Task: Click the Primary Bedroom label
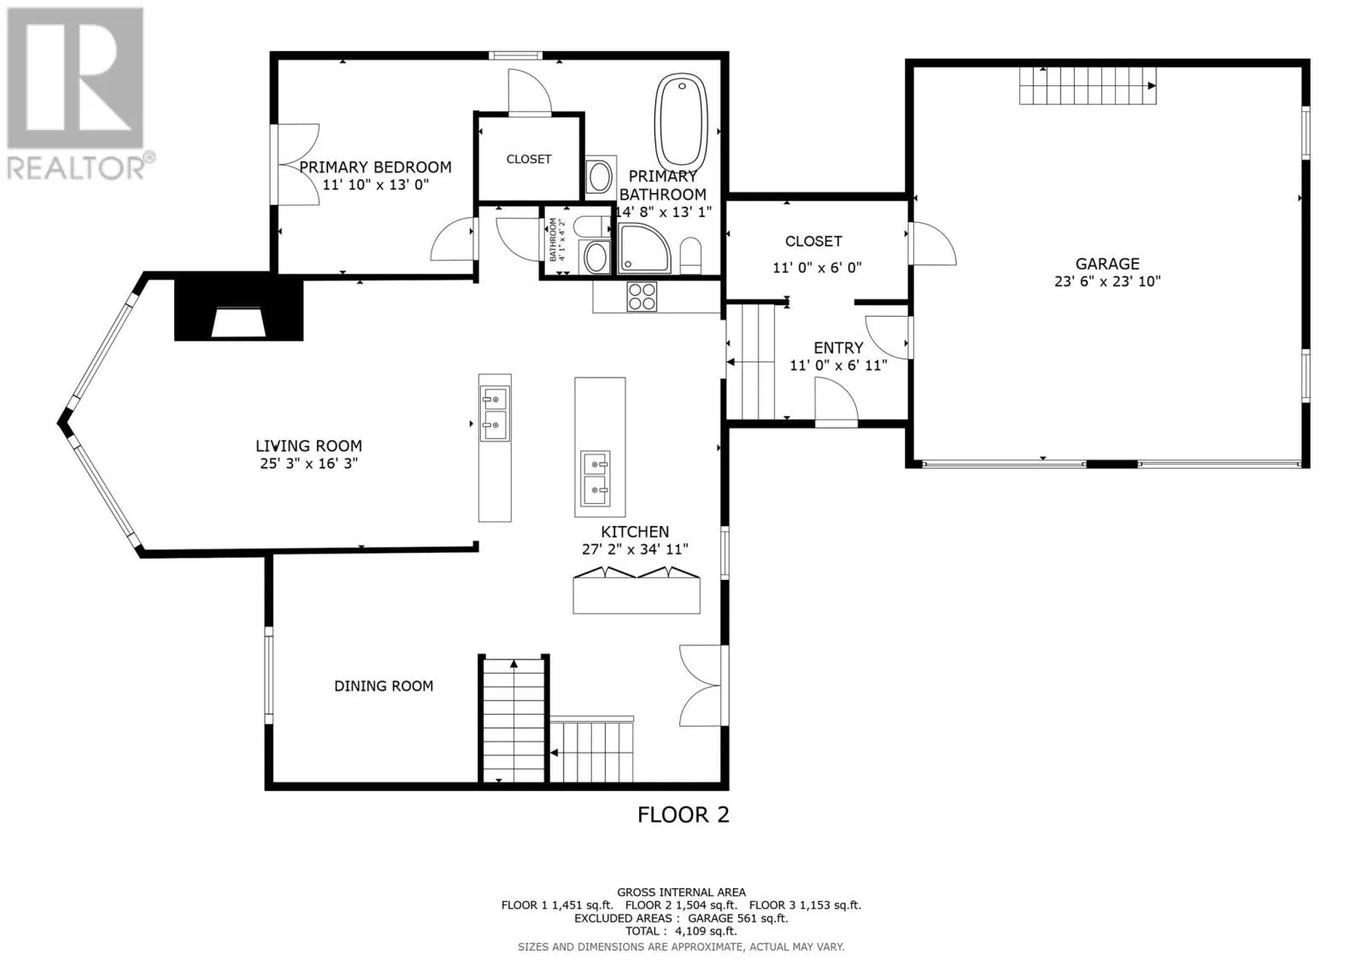pos(375,167)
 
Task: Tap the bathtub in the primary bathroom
pos(681,120)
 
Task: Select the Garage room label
pos(1107,264)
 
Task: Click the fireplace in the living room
pos(238,309)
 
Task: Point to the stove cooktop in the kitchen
pos(642,297)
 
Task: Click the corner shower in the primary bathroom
pos(644,249)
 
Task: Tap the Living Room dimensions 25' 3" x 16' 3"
pos(308,464)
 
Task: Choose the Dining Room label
pos(384,686)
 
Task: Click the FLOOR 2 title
pos(683,815)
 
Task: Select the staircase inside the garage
pos(1088,85)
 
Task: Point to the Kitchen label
pos(635,531)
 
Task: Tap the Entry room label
pos(838,348)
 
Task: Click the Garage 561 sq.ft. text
pos(738,918)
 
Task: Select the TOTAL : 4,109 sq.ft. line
pos(681,931)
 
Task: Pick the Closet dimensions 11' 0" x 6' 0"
pos(817,267)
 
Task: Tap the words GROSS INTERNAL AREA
pos(681,893)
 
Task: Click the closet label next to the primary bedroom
pos(529,159)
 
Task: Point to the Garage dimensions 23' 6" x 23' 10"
pos(1107,281)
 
